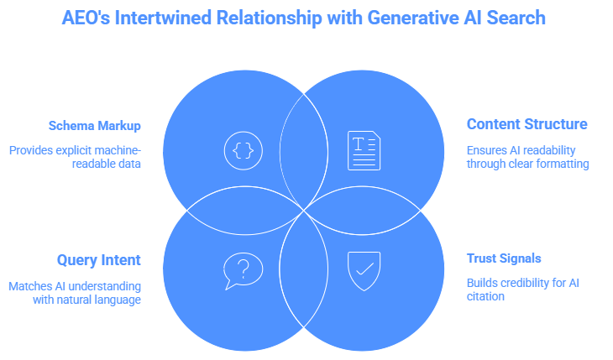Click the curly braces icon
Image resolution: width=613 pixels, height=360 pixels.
[x=243, y=151]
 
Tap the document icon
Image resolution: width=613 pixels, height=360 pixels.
[x=363, y=151]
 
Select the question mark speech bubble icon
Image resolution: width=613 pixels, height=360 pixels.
[x=243, y=271]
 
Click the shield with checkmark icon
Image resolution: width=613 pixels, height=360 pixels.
[x=364, y=270]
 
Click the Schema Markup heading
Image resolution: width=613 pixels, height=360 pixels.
[x=94, y=126]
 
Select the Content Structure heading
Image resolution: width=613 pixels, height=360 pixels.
[x=527, y=124]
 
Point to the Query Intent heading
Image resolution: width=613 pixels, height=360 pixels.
[x=99, y=260]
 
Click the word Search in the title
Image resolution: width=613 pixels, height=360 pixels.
[x=520, y=18]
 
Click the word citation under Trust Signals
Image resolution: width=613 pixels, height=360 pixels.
[x=485, y=296]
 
